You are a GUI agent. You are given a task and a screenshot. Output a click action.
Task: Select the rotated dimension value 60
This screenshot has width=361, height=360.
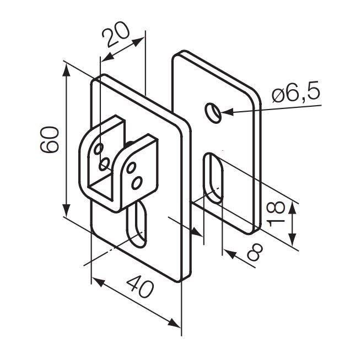click(x=49, y=139)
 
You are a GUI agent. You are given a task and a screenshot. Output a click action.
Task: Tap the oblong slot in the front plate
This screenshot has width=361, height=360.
click(x=137, y=223)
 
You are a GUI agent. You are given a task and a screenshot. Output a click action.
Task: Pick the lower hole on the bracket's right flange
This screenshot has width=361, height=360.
click(x=138, y=181)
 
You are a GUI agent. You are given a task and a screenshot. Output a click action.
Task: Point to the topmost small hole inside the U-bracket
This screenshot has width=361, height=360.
click(x=98, y=149)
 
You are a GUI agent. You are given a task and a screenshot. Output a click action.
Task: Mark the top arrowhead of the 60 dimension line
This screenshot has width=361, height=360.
click(x=67, y=67)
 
